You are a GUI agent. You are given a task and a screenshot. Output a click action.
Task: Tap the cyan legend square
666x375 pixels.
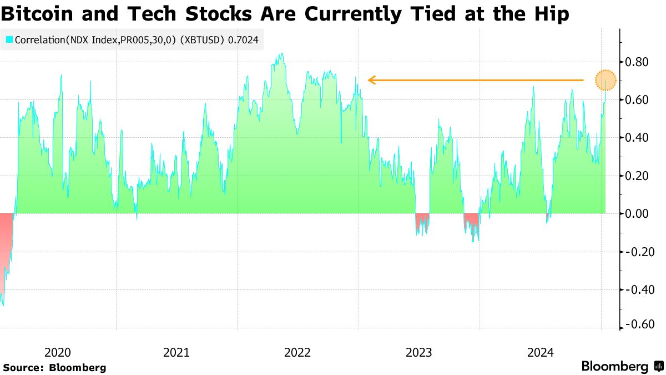[9, 40]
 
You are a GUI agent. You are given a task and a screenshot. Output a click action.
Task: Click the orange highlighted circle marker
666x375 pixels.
[606, 81]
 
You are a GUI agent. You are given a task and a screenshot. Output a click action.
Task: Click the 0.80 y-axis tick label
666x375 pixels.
[637, 62]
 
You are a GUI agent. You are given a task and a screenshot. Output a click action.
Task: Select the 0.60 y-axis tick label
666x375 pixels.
[637, 100]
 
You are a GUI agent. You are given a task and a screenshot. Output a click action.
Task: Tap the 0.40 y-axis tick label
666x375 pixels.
[637, 138]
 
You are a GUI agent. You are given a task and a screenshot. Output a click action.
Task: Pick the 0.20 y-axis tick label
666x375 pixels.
[637, 176]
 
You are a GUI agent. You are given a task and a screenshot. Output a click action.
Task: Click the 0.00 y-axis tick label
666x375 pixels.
[637, 214]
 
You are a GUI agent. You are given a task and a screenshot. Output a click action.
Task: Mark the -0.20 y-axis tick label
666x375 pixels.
[636, 252]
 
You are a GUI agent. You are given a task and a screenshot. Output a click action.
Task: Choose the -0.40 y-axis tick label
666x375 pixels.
[636, 289]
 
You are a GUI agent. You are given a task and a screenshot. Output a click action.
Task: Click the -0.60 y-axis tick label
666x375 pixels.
[636, 325]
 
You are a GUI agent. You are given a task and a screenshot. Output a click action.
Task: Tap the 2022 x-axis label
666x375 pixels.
[297, 352]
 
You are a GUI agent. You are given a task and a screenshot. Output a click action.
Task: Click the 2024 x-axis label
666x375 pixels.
[540, 352]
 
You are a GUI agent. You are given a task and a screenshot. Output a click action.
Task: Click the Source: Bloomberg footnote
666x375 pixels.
[54, 367]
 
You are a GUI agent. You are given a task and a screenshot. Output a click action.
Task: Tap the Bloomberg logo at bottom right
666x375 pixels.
[622, 367]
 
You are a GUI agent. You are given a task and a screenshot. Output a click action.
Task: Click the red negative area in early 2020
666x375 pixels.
[6, 244]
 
